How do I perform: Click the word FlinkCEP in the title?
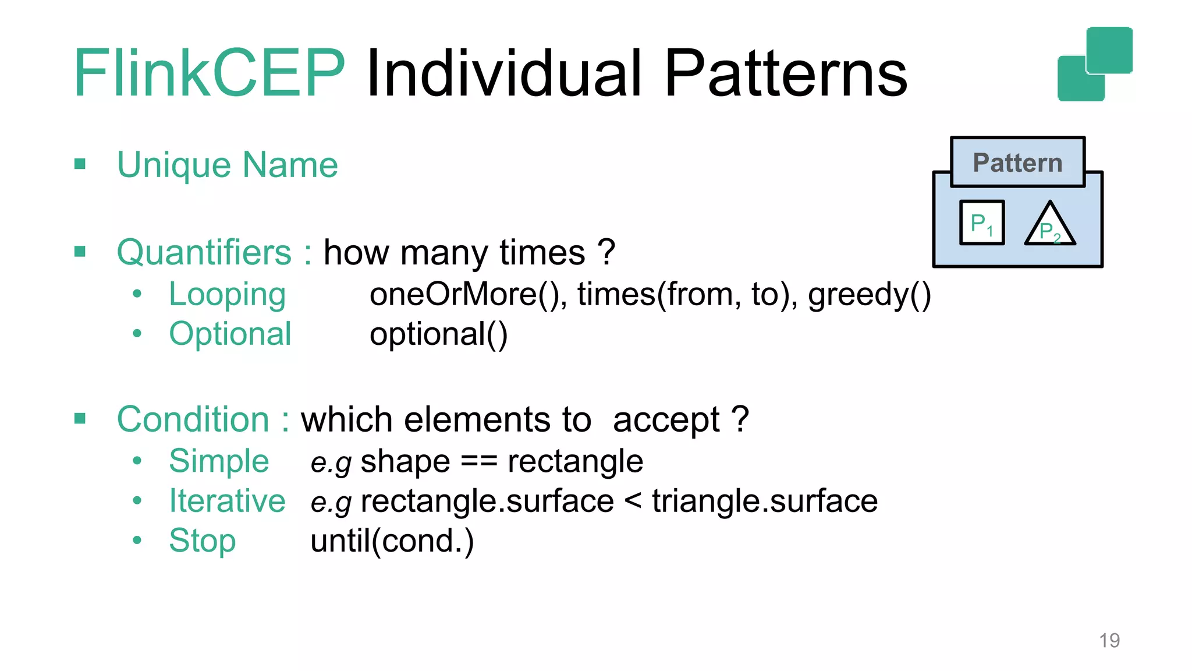point(210,73)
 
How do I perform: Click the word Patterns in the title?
point(785,73)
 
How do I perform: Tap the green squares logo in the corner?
point(1095,64)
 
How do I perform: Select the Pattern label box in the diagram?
point(1017,163)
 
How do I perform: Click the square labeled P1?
point(982,223)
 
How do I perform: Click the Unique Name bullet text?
point(227,165)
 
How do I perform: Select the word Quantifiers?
point(204,253)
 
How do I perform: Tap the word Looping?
point(227,295)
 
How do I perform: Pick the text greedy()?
point(869,295)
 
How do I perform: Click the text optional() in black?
point(438,334)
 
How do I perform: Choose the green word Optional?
point(230,334)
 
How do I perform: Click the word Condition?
point(193,419)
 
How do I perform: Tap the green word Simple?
point(219,461)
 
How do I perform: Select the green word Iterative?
point(227,501)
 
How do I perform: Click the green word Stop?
point(202,541)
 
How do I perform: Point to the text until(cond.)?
point(392,541)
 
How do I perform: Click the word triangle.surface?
point(764,501)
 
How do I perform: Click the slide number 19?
point(1109,640)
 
